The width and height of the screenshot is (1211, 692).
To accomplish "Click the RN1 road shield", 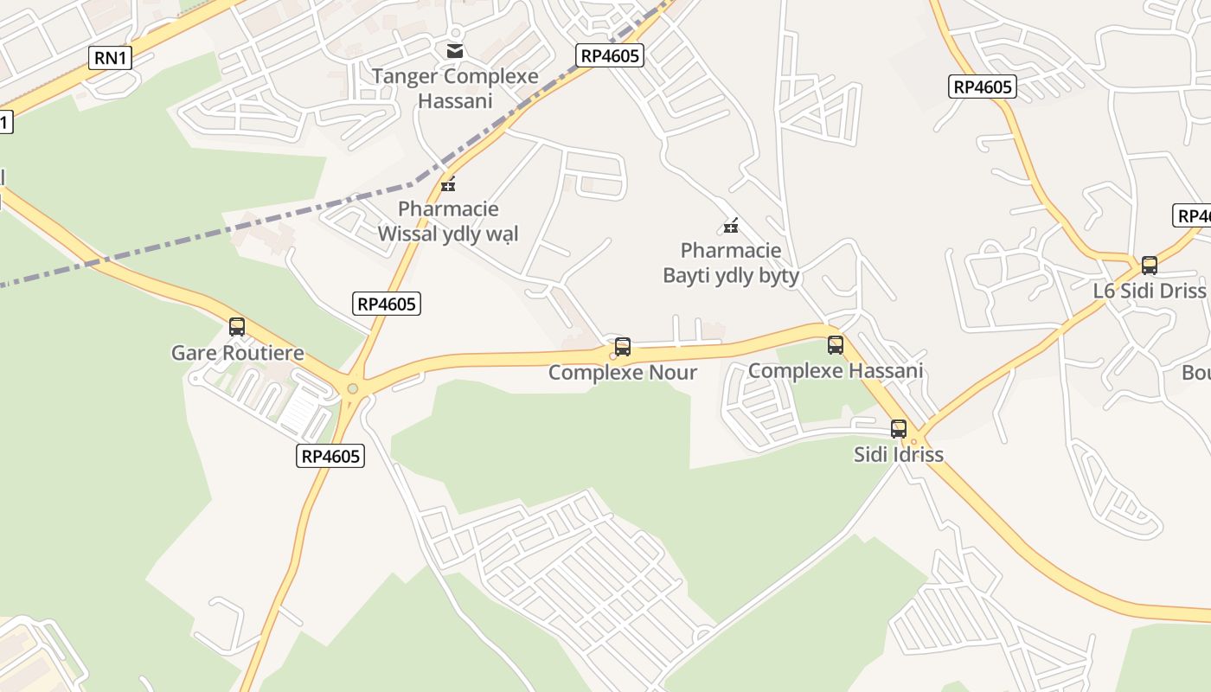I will tap(111, 58).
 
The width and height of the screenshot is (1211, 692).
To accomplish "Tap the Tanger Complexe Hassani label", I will tap(455, 88).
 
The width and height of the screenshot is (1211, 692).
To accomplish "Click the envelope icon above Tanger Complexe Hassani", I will tap(455, 51).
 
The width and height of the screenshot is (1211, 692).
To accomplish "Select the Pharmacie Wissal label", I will tap(448, 221).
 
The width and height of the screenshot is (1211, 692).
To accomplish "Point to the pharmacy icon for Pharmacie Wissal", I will tap(448, 183).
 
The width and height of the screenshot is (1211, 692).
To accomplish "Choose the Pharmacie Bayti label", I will tap(731, 263).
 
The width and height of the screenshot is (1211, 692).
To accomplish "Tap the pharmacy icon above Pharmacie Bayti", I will tap(731, 227).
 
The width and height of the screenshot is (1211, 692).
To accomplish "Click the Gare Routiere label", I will tap(238, 353).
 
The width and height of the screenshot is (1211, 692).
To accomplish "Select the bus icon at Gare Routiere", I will tap(237, 327).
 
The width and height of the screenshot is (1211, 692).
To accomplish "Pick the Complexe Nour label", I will tap(623, 373).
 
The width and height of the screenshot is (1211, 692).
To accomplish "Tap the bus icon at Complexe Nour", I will tap(623, 347).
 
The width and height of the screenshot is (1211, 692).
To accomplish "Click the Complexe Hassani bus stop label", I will tap(836, 371).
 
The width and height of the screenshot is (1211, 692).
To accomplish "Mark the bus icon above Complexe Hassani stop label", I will tap(836, 345).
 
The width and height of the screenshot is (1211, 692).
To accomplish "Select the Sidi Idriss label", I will tap(899, 454).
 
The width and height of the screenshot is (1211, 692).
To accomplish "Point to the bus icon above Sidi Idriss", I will tap(899, 428).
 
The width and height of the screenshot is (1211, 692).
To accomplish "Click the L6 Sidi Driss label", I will tap(1149, 291).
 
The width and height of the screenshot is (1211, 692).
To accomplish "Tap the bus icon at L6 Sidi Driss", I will tap(1149, 266).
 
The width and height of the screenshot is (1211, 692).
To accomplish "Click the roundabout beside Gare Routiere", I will tap(352, 388).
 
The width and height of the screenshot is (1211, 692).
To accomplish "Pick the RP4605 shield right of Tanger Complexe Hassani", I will tap(611, 56).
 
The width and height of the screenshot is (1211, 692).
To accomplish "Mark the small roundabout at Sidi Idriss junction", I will tap(913, 442).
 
